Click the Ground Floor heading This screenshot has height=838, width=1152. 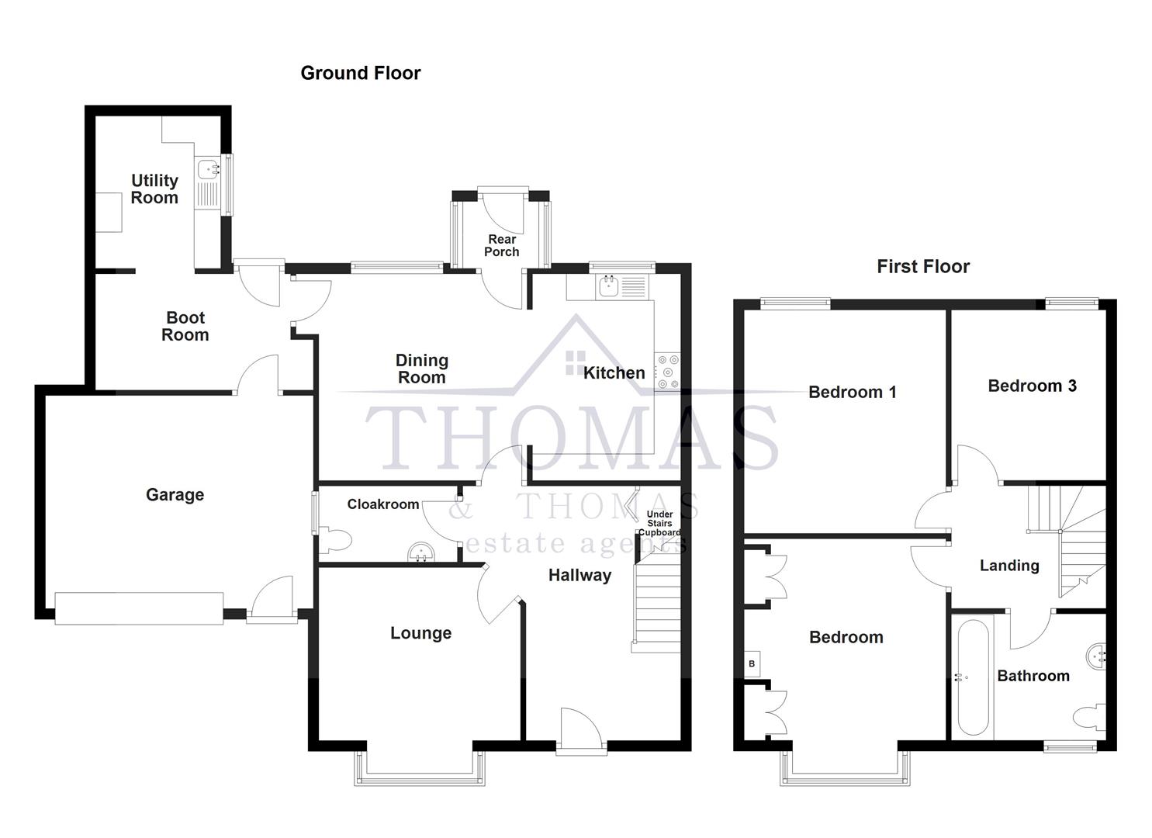tap(361, 73)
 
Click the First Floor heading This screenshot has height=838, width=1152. tap(923, 266)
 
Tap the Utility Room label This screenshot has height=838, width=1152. tap(154, 189)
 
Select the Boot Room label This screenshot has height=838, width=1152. tap(185, 326)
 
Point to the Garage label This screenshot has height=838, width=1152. tap(175, 494)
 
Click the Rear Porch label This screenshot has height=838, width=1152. tap(502, 245)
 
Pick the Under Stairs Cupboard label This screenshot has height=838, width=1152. tap(659, 524)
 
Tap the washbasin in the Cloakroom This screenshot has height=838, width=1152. tap(421, 552)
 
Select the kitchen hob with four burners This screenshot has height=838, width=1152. tap(667, 372)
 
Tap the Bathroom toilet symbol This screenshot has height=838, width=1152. tap(1092, 718)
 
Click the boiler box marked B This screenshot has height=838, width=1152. tap(752, 664)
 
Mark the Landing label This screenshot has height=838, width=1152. tap(1008, 566)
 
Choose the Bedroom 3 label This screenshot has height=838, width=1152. tap(1032, 386)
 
